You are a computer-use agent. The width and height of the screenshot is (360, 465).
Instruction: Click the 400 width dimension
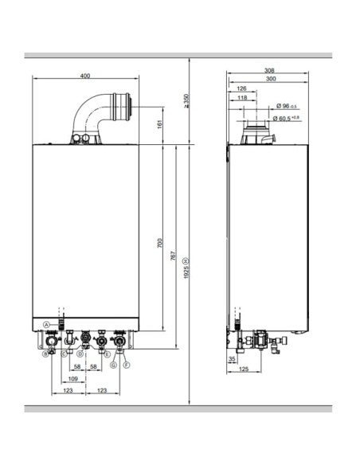(x=85, y=76)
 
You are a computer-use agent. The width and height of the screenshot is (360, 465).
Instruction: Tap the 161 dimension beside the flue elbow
(x=159, y=124)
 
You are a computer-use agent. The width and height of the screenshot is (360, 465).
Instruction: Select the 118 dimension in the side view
(x=241, y=98)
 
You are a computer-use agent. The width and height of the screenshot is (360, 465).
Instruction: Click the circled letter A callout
(x=47, y=324)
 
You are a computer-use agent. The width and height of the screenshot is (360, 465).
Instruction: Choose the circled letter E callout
(x=107, y=354)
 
